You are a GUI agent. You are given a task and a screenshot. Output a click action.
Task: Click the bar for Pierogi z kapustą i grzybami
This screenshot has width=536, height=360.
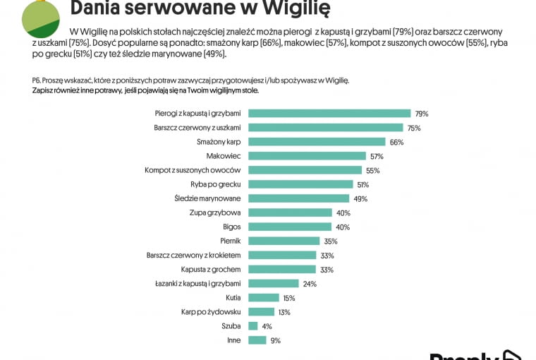[x=329, y=113]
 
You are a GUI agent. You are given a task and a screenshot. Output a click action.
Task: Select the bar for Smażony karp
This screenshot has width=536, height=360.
[x=317, y=142]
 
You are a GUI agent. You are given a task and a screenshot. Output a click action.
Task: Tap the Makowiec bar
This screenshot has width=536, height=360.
[x=307, y=156]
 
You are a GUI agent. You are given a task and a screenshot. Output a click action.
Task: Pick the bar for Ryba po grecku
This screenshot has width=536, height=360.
[x=300, y=184]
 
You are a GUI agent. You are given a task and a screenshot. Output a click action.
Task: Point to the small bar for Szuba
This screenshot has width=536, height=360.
[x=253, y=326]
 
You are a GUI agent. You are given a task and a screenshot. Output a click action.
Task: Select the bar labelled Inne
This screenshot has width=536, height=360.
[x=257, y=340]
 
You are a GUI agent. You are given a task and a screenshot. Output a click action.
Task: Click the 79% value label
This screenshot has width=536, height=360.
[x=422, y=114]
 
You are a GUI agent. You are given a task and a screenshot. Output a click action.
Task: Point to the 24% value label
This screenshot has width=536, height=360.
[x=310, y=284]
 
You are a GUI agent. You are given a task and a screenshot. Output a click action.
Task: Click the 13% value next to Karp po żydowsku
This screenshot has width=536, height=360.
[x=284, y=312]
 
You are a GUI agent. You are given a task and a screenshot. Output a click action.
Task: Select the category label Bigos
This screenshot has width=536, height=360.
[x=232, y=227]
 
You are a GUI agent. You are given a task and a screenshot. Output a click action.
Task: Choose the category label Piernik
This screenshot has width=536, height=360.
[x=231, y=241]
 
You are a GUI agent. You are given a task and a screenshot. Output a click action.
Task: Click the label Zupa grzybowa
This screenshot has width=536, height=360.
[x=215, y=212]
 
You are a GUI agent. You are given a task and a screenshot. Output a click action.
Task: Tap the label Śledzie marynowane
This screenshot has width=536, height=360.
[x=207, y=198]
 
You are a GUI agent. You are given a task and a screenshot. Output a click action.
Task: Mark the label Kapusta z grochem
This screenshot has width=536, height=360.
[x=211, y=270]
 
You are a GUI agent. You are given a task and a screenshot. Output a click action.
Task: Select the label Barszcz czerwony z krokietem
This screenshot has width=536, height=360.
[x=193, y=255]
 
